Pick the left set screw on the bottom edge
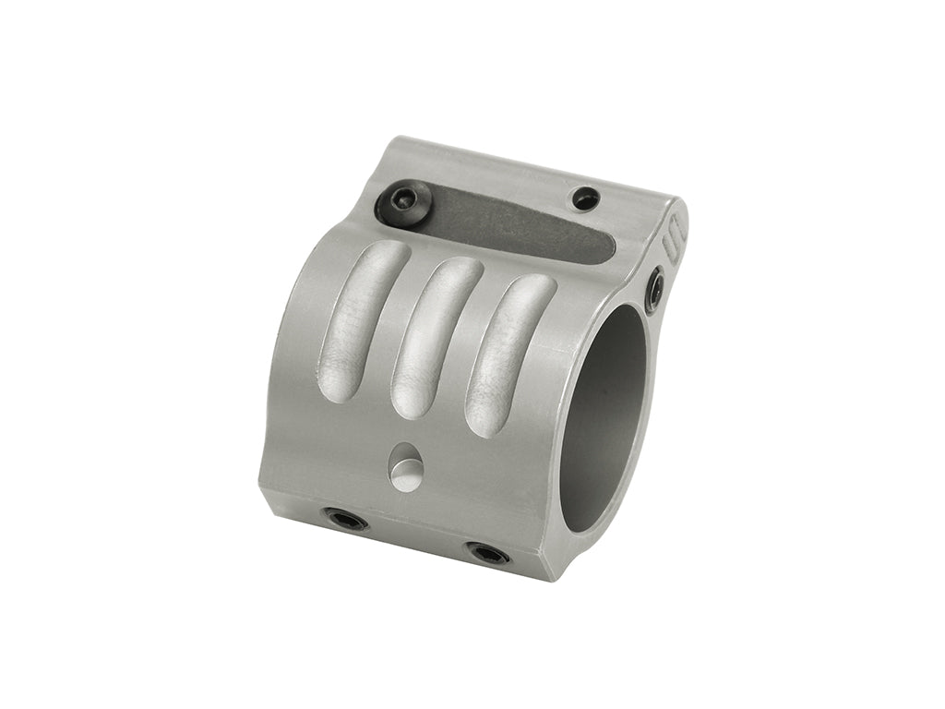coord(346,520)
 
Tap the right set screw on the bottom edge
coord(487,553)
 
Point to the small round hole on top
coord(585,198)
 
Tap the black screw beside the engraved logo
coord(654,289)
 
